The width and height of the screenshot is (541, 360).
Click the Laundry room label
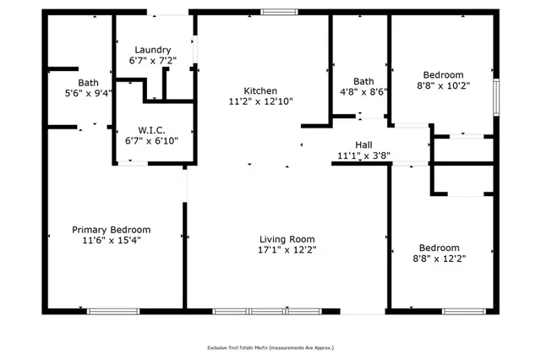click(153, 49)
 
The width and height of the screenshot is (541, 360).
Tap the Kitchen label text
click(260, 90)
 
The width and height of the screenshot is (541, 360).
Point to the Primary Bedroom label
click(111, 229)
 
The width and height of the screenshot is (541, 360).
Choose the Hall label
click(363, 145)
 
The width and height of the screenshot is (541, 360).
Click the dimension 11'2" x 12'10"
click(260, 101)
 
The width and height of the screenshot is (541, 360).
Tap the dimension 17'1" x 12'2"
click(286, 250)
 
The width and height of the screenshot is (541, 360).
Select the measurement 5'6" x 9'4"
click(88, 93)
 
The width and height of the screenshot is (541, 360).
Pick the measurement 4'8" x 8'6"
click(364, 93)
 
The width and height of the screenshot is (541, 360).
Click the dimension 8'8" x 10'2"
click(443, 85)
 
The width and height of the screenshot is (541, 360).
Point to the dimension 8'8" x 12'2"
click(440, 259)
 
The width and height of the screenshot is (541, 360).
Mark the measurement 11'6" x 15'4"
click(111, 240)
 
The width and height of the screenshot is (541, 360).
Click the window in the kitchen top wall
click(278, 12)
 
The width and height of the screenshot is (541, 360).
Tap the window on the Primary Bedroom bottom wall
click(113, 311)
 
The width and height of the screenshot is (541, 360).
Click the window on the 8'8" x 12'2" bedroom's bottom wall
click(462, 311)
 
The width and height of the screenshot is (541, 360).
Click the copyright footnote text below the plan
click(270, 347)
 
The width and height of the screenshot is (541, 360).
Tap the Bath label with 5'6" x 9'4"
click(88, 82)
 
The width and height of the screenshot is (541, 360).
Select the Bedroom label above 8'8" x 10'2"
click(443, 74)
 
